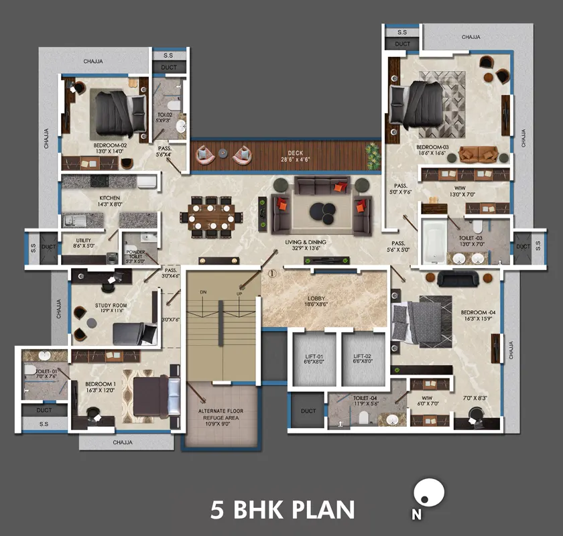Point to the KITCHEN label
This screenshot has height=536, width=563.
tap(109, 198)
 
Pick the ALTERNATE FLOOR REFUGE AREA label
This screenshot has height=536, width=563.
tap(221, 415)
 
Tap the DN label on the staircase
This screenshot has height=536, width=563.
tap(203, 293)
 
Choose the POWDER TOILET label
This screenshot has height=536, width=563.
tap(136, 254)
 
